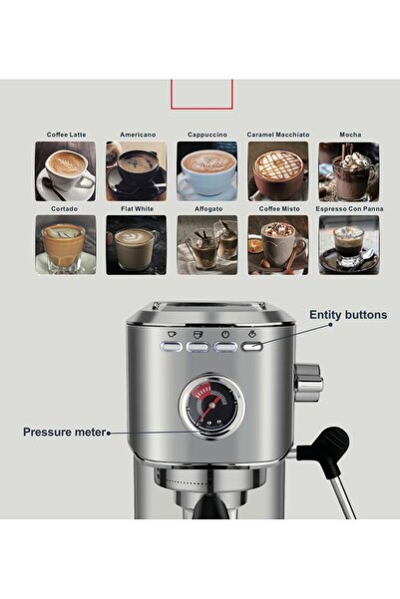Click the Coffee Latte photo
66,170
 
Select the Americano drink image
137,170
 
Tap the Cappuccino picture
207,170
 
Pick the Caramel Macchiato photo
278,170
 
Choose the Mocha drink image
348,170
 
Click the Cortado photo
66,244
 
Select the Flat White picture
137,244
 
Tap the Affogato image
207,244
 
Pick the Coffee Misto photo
278,244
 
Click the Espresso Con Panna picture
348,244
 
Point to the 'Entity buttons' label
346,314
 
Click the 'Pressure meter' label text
65,433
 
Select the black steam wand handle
330,444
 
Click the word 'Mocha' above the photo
350,135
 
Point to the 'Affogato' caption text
207,209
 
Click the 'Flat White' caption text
137,209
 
